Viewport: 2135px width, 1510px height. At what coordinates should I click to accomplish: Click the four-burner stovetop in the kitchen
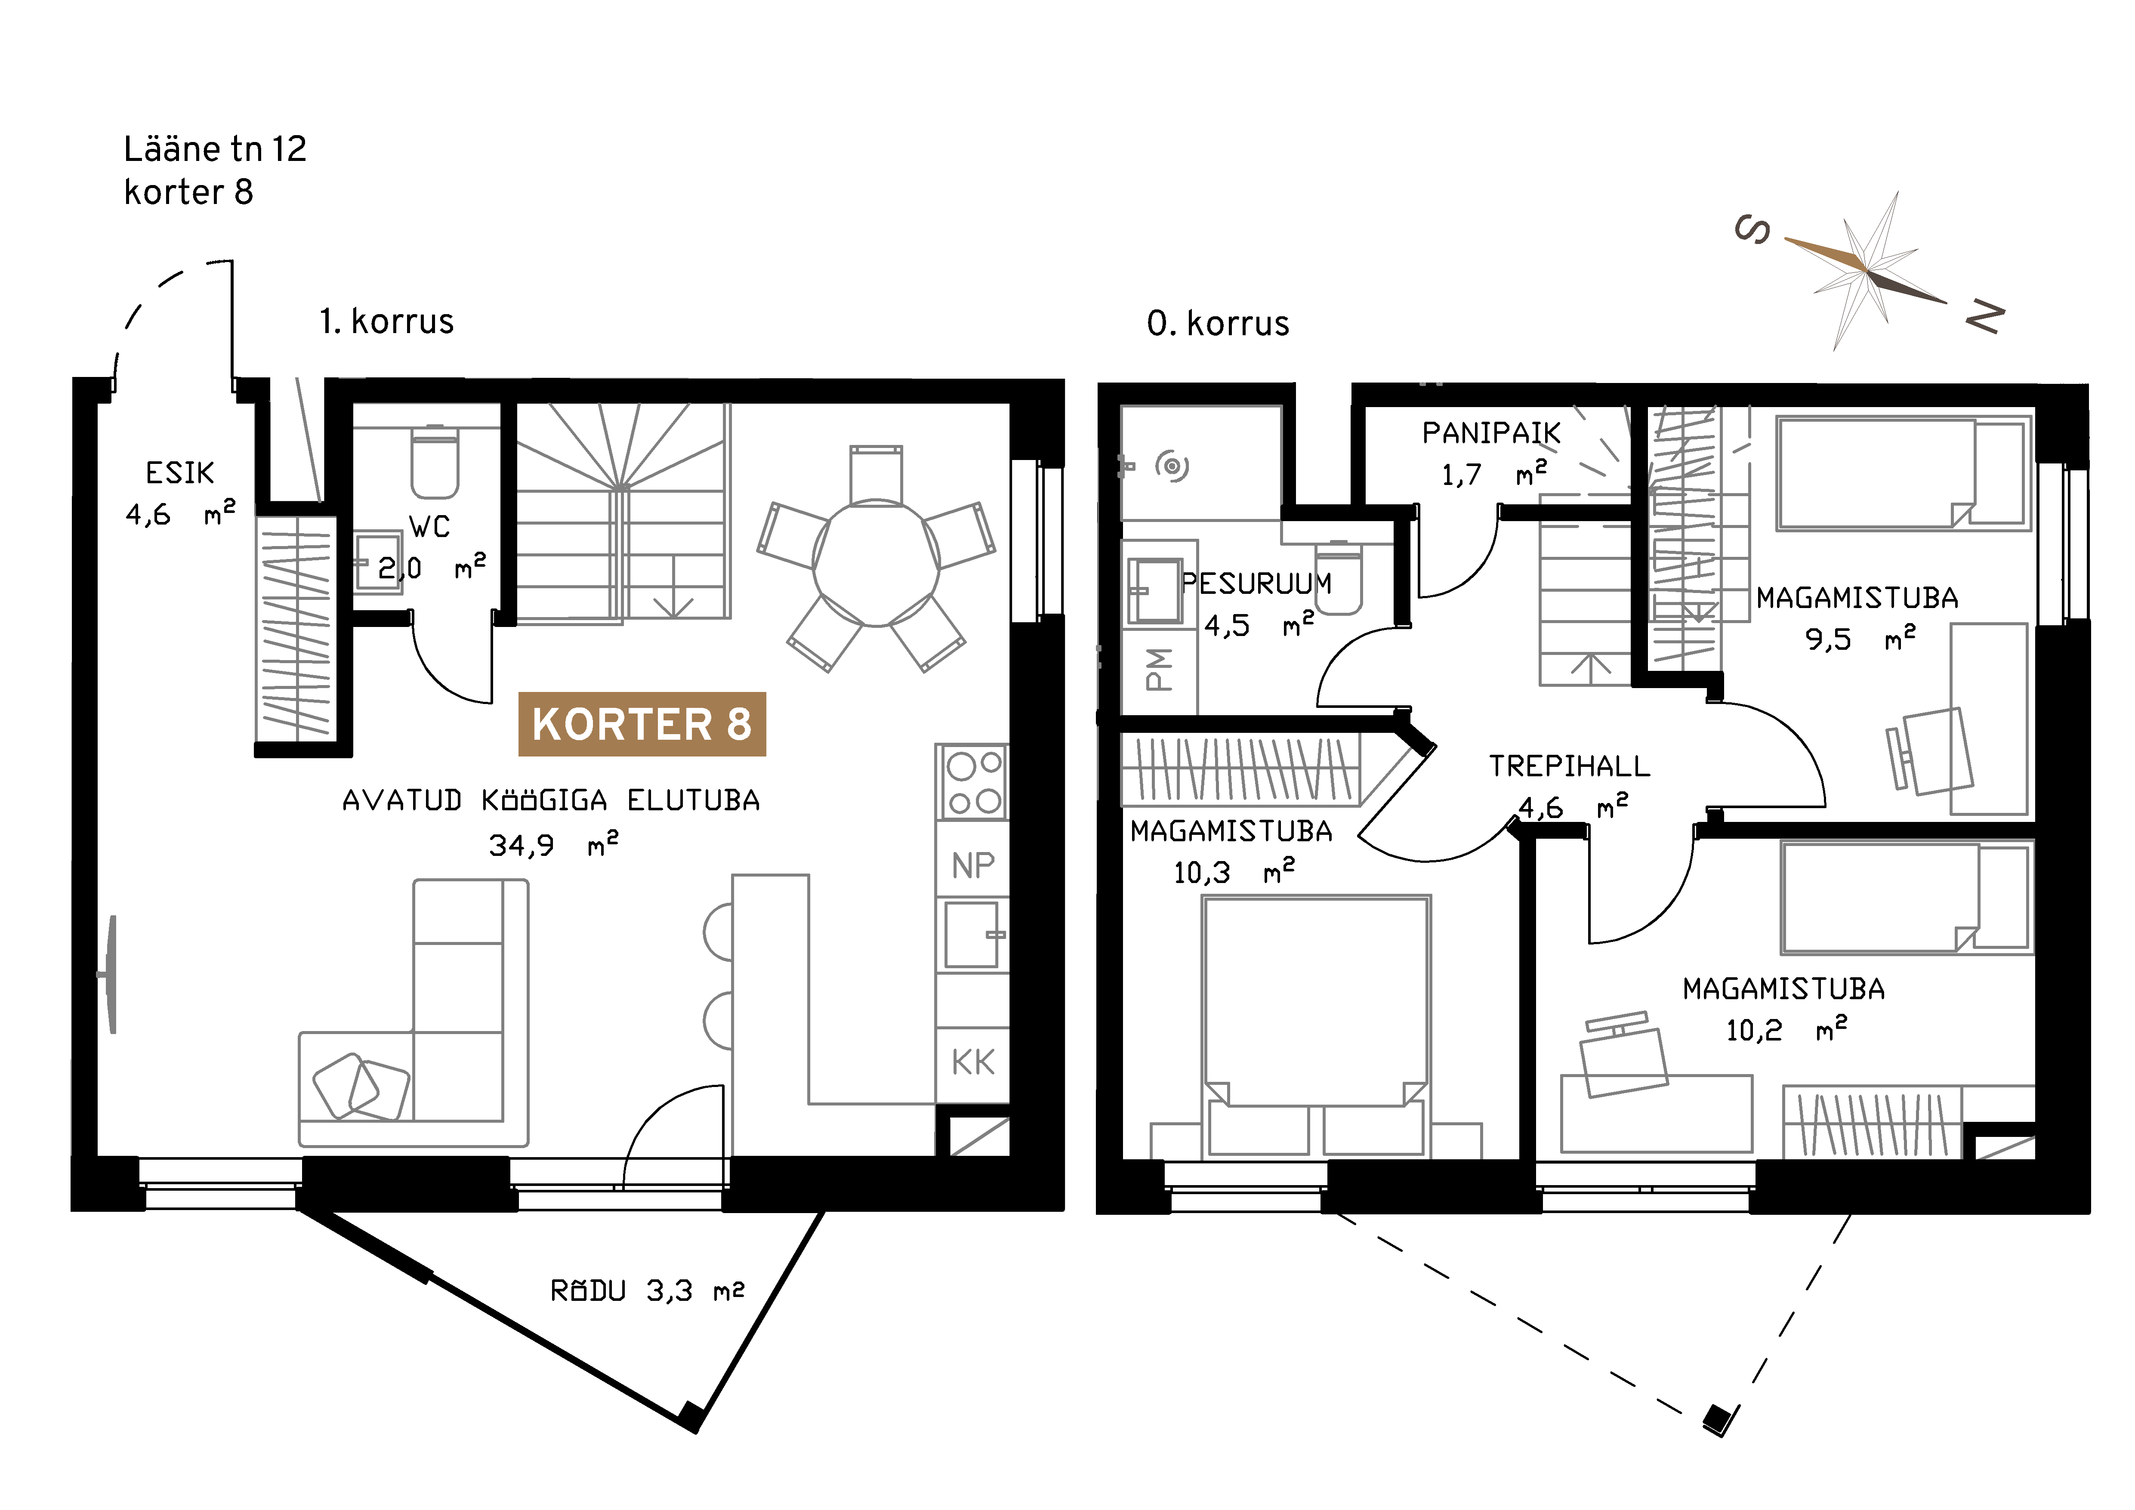click(972, 781)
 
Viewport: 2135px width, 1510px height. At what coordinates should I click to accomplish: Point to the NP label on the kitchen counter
click(973, 866)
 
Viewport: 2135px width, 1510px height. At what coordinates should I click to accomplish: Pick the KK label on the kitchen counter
click(973, 1062)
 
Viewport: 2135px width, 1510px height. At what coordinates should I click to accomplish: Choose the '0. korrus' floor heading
click(1218, 324)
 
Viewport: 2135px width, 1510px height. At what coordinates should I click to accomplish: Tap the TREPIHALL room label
click(1570, 766)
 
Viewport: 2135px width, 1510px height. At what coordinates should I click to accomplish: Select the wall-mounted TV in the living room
click(110, 974)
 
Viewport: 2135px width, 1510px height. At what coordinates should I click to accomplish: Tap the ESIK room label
click(179, 473)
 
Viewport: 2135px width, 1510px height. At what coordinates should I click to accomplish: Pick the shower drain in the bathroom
click(1172, 466)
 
